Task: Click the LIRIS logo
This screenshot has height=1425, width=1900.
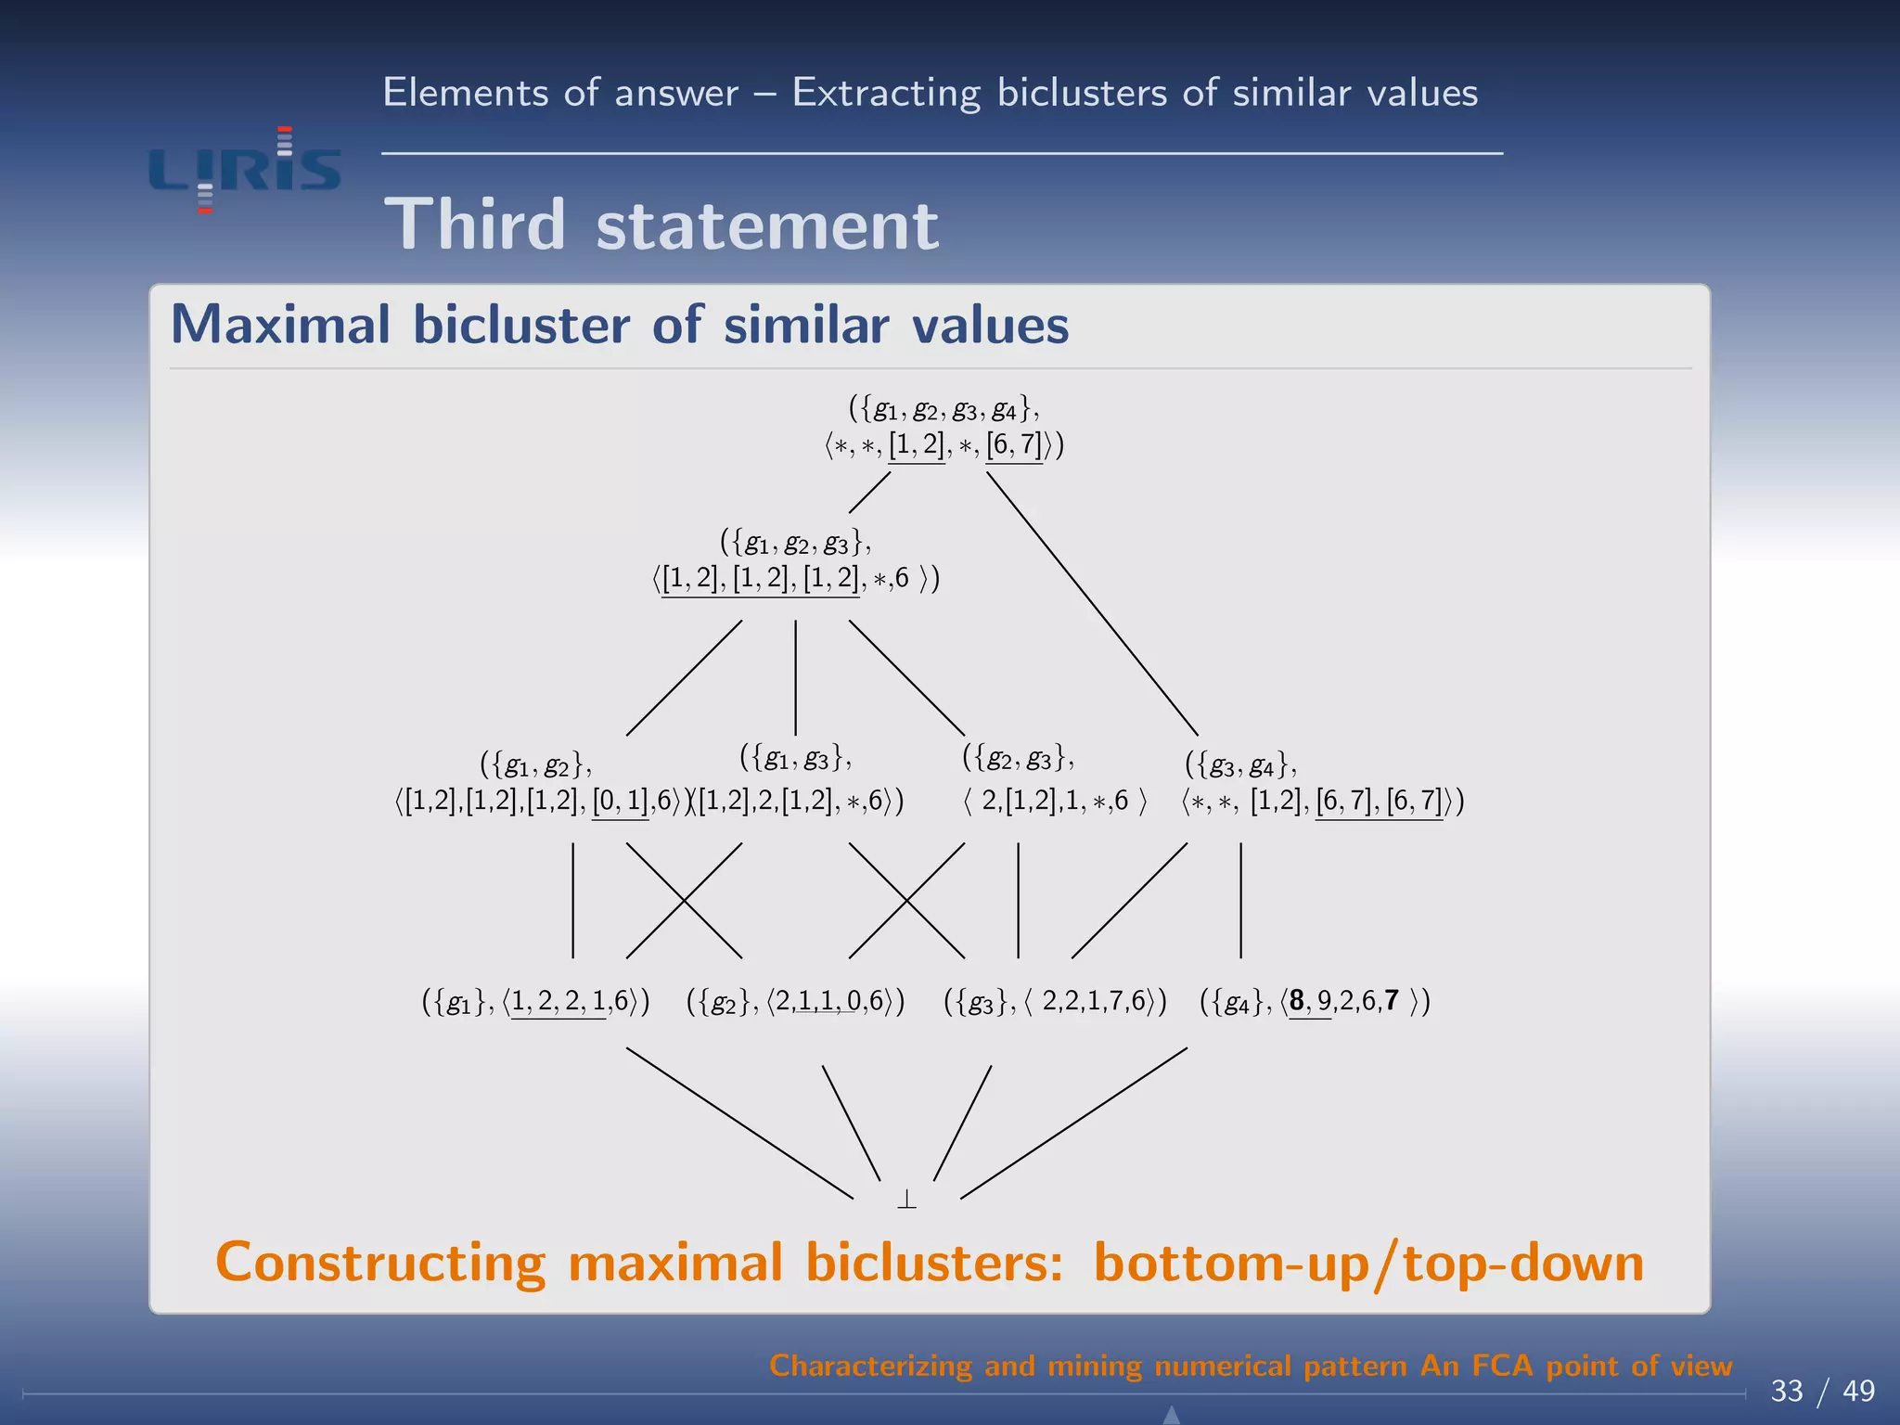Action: coord(245,171)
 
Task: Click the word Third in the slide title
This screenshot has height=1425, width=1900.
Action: coord(475,225)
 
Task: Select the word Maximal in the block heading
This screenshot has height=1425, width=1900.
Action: coord(280,326)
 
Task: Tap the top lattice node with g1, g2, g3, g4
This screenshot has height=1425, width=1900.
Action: coord(944,427)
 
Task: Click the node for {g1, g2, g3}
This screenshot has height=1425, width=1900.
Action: coord(795,559)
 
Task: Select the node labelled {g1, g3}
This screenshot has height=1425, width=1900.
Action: coord(796,779)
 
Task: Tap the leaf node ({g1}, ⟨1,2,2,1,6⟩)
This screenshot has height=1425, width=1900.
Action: coord(535,1002)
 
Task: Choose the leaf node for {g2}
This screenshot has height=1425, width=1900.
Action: coord(795,1002)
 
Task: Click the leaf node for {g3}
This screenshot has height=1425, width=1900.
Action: coord(1055,1002)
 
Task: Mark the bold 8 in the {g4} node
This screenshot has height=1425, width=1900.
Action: coord(1297,1000)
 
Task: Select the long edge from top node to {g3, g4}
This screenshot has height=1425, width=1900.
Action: coord(1092,604)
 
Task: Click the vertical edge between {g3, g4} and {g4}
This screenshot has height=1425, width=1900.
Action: coord(1240,900)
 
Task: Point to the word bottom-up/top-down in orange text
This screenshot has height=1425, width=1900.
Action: coord(1368,1264)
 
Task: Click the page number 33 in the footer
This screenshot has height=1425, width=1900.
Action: coord(1787,1391)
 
